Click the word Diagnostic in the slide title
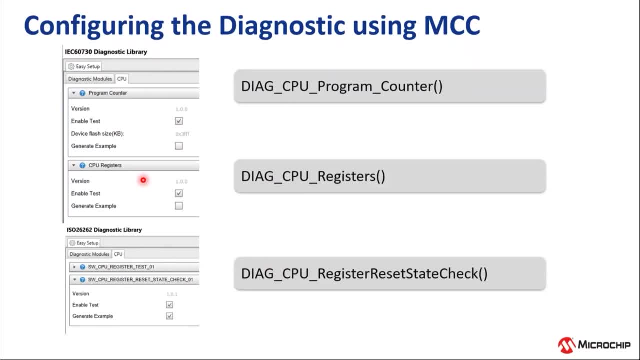tap(282, 26)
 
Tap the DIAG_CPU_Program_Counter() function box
tap(390, 86)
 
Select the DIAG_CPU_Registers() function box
tap(390, 176)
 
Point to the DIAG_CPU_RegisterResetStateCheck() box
tap(390, 274)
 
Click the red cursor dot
tap(143, 180)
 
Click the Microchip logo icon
tap(566, 345)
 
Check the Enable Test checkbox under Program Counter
tap(179, 121)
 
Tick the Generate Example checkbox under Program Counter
tap(179, 146)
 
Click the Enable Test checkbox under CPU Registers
tap(179, 193)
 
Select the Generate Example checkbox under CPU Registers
tap(179, 206)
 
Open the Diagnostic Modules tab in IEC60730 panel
tap(90, 79)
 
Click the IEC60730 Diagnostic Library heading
tap(106, 52)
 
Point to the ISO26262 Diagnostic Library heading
tap(104, 230)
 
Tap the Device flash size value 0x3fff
tap(182, 134)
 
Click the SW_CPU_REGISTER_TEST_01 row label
tap(121, 267)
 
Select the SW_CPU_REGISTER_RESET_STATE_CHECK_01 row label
tap(140, 280)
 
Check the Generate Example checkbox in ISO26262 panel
tap(170, 316)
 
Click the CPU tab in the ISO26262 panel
tap(118, 254)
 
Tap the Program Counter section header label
tap(108, 93)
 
